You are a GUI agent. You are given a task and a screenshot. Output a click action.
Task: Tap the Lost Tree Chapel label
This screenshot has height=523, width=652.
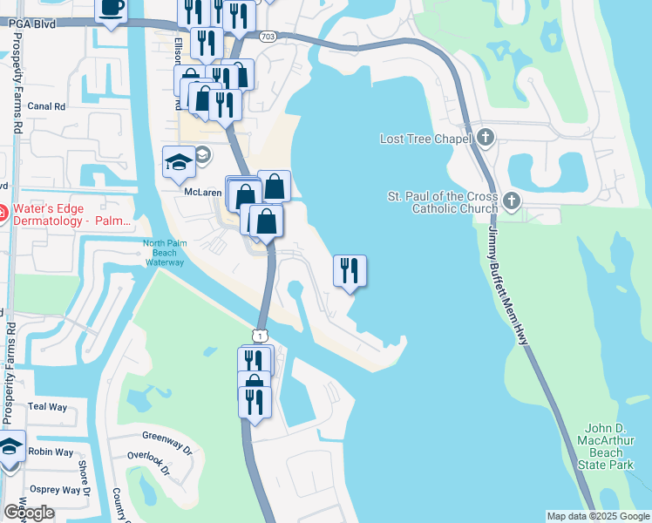(425, 139)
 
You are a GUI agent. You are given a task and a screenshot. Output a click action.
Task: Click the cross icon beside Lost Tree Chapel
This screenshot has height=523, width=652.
(486, 138)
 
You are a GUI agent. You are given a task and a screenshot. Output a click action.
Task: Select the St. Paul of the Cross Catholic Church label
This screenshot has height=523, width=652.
(443, 202)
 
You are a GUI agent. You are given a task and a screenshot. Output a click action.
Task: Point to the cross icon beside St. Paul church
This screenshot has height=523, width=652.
(512, 202)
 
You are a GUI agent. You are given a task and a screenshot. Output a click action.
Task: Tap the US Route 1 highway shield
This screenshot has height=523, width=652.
(259, 335)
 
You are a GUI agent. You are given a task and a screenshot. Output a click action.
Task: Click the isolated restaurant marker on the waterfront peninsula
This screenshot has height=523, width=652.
(350, 271)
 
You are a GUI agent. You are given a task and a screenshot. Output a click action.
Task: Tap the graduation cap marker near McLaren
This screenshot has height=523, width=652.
(179, 163)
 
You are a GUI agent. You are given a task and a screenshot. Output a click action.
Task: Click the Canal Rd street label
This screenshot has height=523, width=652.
(47, 107)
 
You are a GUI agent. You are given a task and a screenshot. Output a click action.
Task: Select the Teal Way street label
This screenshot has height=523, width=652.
(47, 407)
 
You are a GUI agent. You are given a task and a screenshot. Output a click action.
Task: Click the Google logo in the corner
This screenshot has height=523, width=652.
(29, 513)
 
